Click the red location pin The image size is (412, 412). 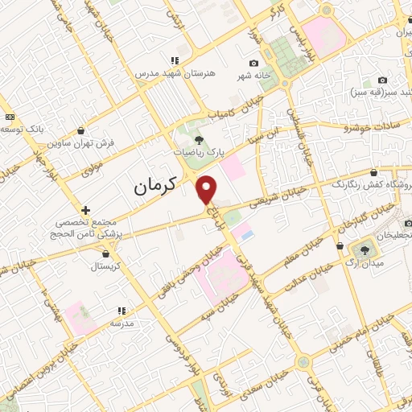click(x=207, y=188)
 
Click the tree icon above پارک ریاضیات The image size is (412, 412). click(x=200, y=139)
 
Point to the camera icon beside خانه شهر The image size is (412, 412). click(x=254, y=64)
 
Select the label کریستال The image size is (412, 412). click(x=105, y=266)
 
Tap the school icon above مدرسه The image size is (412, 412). click(x=122, y=310)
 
